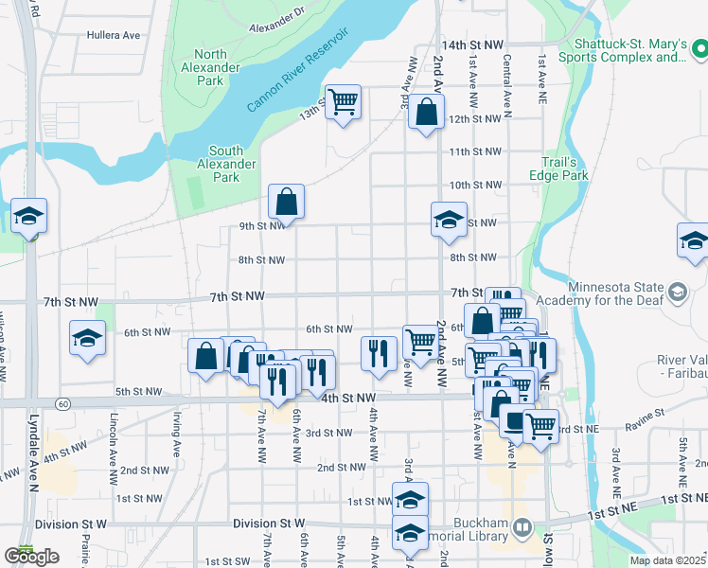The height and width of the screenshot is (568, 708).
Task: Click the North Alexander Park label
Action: tap(210, 67)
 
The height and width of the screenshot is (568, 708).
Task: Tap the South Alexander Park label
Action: tap(226, 163)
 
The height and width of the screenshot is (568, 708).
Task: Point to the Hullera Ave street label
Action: tap(113, 35)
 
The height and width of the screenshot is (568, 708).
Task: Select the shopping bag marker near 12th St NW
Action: tap(426, 113)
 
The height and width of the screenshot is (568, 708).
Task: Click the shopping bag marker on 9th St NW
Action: tap(286, 202)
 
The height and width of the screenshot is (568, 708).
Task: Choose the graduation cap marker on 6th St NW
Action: tap(87, 339)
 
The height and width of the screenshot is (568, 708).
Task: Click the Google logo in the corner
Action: tap(31, 557)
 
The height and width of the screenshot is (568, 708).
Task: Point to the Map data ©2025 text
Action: tap(668, 560)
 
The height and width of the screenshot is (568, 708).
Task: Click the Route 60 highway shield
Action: tap(62, 403)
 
